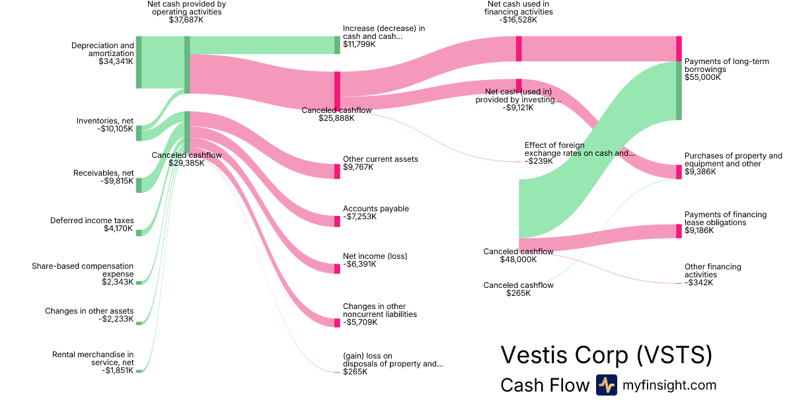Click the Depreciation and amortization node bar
coord(139,62)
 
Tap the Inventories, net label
coord(104,121)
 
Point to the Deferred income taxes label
coord(92,221)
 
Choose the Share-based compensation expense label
coord(83,269)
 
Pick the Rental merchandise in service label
coord(93,358)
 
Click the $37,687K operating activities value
coord(186,20)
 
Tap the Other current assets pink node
coord(338,171)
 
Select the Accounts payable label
coord(375,209)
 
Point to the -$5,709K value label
coord(360,323)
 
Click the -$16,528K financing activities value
coord(519,20)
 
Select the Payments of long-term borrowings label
coord(726,65)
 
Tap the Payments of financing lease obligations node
coord(679,231)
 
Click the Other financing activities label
coord(712,271)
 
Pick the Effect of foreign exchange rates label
coord(579,149)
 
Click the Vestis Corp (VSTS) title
coord(607,355)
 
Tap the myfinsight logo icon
coord(606,385)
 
